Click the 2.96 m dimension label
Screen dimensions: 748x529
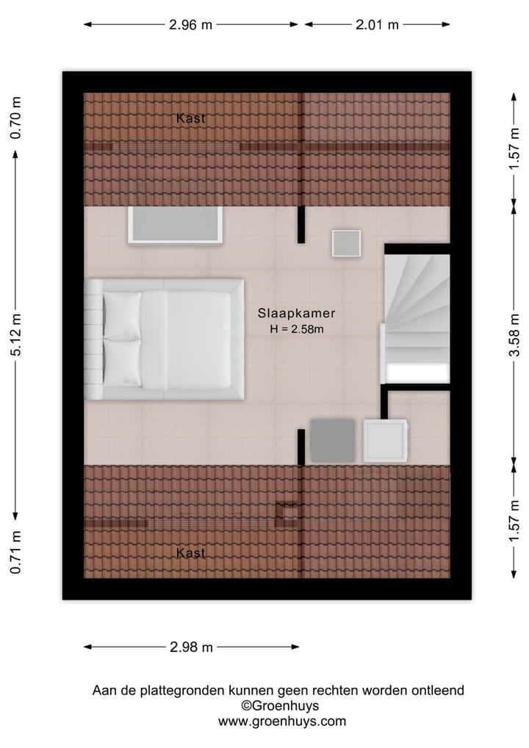190,24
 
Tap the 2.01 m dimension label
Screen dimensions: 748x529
377,24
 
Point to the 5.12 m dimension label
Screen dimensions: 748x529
16,334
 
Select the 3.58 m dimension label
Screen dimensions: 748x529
514,334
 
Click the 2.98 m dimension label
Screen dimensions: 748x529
191,647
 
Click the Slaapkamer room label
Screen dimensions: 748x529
296,312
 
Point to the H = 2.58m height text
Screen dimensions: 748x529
297,329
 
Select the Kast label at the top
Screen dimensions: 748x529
190,118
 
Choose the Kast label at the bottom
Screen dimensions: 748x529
190,553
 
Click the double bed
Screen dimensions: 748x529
165,339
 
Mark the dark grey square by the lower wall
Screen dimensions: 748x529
333,441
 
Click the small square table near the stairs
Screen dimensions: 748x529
346,243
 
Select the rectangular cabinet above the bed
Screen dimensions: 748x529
175,225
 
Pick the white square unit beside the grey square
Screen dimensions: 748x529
385,441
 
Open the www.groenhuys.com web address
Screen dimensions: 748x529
281,722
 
